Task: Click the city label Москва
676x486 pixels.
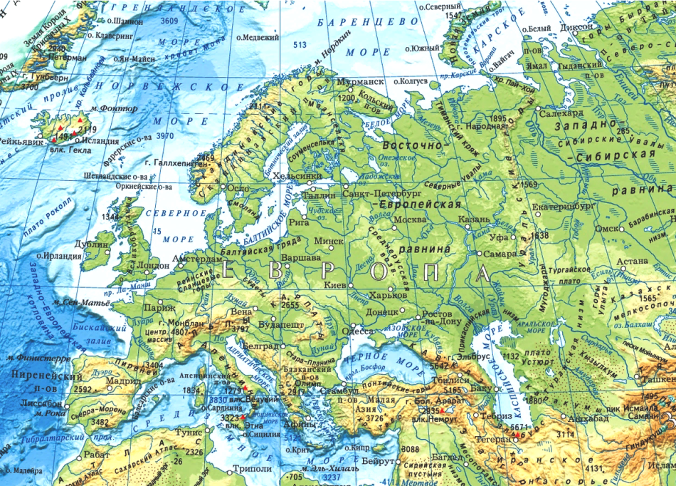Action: click(409, 219)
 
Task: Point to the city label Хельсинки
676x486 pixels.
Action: click(302, 175)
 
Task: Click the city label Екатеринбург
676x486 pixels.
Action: click(562, 207)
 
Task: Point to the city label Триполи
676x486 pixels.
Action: click(252, 469)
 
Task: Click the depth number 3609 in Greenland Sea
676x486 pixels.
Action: click(169, 21)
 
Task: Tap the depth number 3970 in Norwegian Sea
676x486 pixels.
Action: click(165, 135)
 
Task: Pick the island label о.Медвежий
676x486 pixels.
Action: click(258, 36)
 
